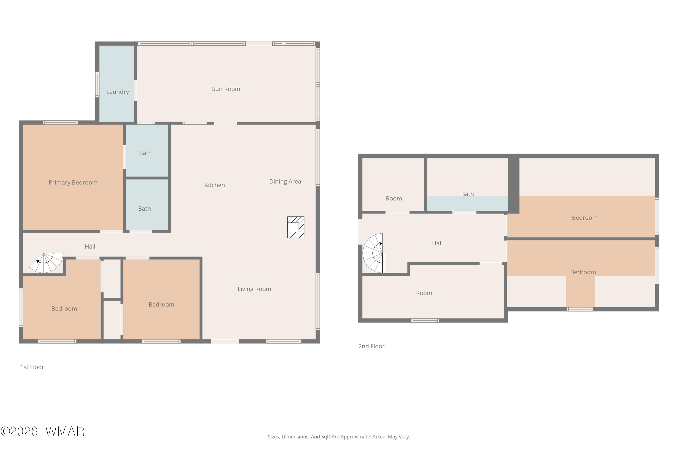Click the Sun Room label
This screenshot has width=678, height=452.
(x=226, y=89)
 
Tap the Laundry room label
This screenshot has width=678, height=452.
(x=118, y=92)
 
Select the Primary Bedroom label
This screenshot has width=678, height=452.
(x=73, y=182)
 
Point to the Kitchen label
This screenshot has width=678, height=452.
(x=214, y=185)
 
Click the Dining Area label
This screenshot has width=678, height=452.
(x=285, y=182)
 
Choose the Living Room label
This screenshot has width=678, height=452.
(x=254, y=289)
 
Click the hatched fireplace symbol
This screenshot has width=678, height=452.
(x=296, y=227)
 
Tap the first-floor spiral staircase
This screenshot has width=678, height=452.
(x=46, y=263)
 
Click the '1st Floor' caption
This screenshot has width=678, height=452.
(x=32, y=367)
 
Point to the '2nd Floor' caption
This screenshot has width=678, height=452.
(x=371, y=346)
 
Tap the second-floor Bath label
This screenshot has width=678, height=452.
(x=467, y=194)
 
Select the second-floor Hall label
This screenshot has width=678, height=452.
(x=437, y=243)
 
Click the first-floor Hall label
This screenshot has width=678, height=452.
(x=90, y=247)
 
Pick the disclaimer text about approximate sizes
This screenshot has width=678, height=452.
(x=339, y=437)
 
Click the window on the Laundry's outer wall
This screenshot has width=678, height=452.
(x=97, y=85)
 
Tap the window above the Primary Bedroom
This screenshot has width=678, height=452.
(x=60, y=122)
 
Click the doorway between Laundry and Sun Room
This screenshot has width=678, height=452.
(x=135, y=91)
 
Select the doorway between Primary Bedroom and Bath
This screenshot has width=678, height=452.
(x=125, y=157)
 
